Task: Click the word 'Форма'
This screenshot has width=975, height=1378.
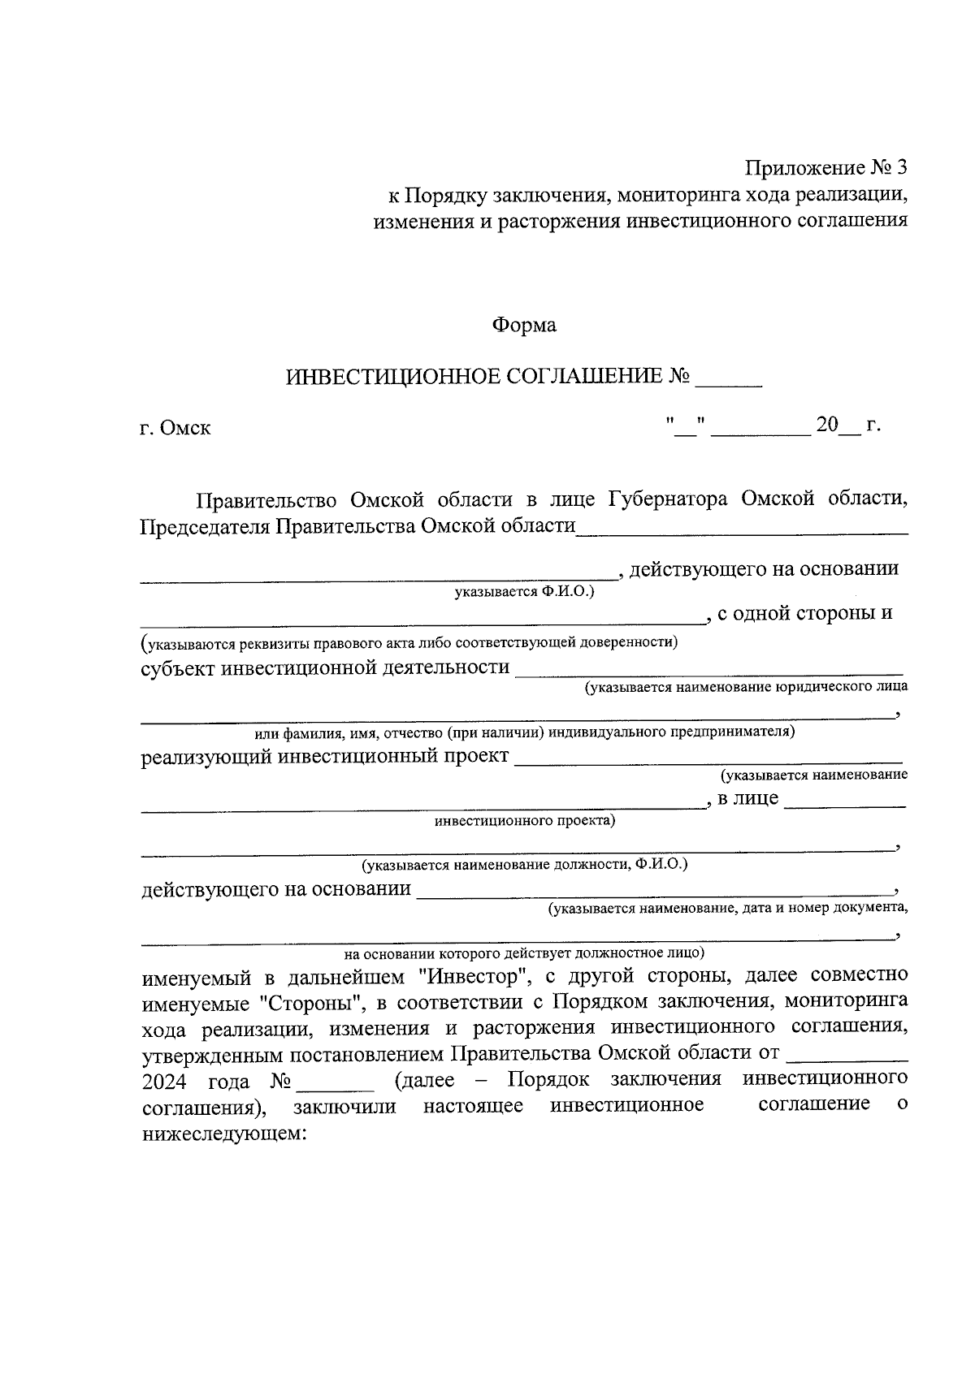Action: pos(524,326)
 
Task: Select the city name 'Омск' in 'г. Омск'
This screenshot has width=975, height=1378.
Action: pos(185,428)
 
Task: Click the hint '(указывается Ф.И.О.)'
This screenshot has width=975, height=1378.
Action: pos(524,591)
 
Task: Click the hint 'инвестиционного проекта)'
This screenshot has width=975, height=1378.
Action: pos(525,820)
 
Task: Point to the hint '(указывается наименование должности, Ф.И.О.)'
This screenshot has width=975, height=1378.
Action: pos(525,864)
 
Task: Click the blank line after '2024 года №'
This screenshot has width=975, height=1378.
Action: pos(336,1086)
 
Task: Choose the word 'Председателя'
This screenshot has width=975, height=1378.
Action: pos(205,526)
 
